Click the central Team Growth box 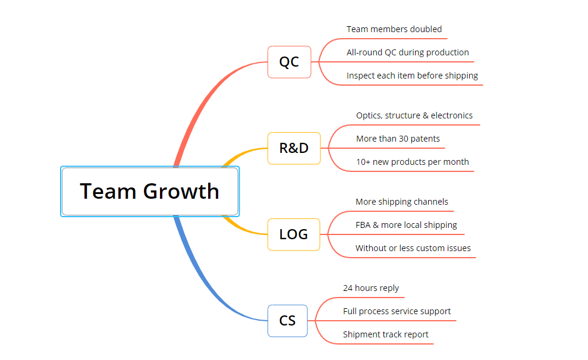coord(150,192)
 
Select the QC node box coord(289,62)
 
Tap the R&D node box coord(294,148)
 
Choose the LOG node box coord(294,234)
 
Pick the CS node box coord(288,321)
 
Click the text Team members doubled coord(394,29)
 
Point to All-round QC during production coord(408,52)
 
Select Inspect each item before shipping coord(412,76)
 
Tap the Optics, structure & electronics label coord(414,115)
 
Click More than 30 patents coord(398,139)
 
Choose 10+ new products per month coord(413,162)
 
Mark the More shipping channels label coord(402,202)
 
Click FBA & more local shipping coord(406,226)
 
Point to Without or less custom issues coord(413,249)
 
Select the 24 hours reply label coord(371,289)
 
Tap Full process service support coord(397,312)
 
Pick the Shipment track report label coord(385,335)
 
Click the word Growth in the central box coord(181,192)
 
